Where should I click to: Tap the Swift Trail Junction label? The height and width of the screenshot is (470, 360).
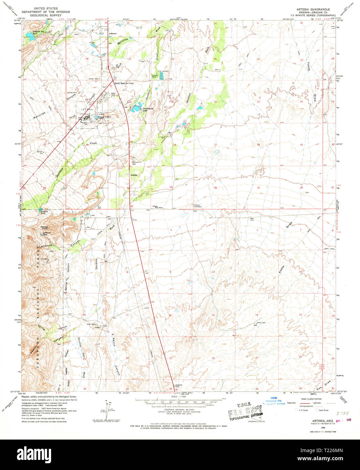coord(124,83)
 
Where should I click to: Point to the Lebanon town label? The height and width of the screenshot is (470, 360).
coord(112,34)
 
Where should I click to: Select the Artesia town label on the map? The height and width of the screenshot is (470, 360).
coord(134,175)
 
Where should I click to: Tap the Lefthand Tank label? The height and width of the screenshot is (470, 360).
coord(46,233)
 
